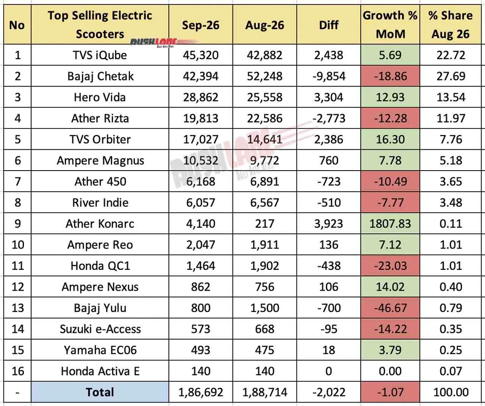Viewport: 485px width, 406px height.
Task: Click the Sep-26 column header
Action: pyautogui.click(x=201, y=25)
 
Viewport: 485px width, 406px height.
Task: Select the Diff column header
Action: pyautogui.click(x=329, y=25)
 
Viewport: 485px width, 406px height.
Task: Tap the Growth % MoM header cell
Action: pyautogui.click(x=390, y=25)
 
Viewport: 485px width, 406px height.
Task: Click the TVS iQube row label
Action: pyautogui.click(x=100, y=55)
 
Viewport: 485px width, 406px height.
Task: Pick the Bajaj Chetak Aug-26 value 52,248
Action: pyautogui.click(x=264, y=76)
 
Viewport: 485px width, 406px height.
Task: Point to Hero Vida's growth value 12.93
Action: pyautogui.click(x=390, y=97)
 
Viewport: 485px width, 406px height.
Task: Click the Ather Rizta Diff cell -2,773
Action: pyautogui.click(x=329, y=118)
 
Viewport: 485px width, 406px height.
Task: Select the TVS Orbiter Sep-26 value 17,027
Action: pyautogui.click(x=201, y=139)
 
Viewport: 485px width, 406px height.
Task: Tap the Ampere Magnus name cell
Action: pyautogui.click(x=100, y=160)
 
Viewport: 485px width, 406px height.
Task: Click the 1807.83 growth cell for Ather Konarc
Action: pyautogui.click(x=390, y=224)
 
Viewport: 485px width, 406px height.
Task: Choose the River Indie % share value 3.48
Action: pyautogui.click(x=451, y=202)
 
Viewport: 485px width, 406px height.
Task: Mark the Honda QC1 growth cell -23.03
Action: pyautogui.click(x=390, y=266)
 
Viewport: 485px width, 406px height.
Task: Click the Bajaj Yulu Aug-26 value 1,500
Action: pyautogui.click(x=264, y=308)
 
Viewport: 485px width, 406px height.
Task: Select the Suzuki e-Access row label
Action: pyautogui.click(x=100, y=329)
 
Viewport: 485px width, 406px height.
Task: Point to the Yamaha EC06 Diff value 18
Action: pyautogui.click(x=329, y=350)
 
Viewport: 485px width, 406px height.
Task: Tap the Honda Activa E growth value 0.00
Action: pyautogui.click(x=390, y=371)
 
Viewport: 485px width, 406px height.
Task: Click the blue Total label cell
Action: pyautogui.click(x=100, y=392)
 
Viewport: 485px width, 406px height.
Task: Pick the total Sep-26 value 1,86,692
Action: pyautogui.click(x=201, y=392)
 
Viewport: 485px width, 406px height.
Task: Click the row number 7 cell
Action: pyautogui.click(x=17, y=182)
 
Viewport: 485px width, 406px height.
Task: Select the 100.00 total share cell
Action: pyautogui.click(x=451, y=392)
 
